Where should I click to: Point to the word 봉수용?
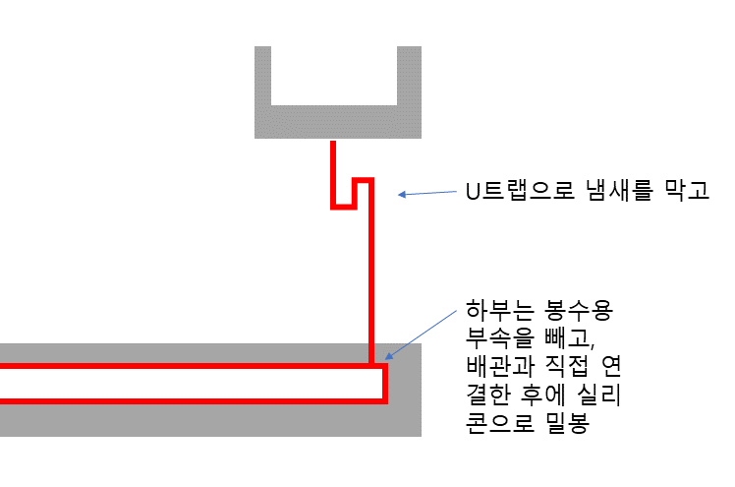point(581,312)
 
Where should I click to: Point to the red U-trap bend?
point(352,194)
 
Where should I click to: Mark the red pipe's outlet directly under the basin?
point(334,157)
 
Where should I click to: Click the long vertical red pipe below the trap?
point(371,285)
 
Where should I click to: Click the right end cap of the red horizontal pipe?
point(385,384)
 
